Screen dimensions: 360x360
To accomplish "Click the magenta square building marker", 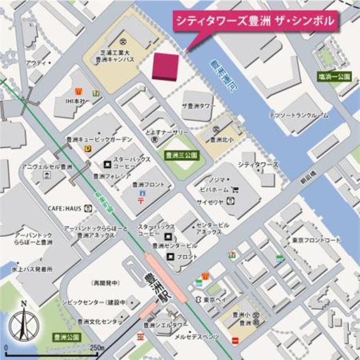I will pyautogui.click(x=166, y=66).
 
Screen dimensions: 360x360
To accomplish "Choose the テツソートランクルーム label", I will pyautogui.click(x=298, y=115).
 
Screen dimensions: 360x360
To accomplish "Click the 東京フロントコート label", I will pyautogui.click(x=316, y=240).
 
